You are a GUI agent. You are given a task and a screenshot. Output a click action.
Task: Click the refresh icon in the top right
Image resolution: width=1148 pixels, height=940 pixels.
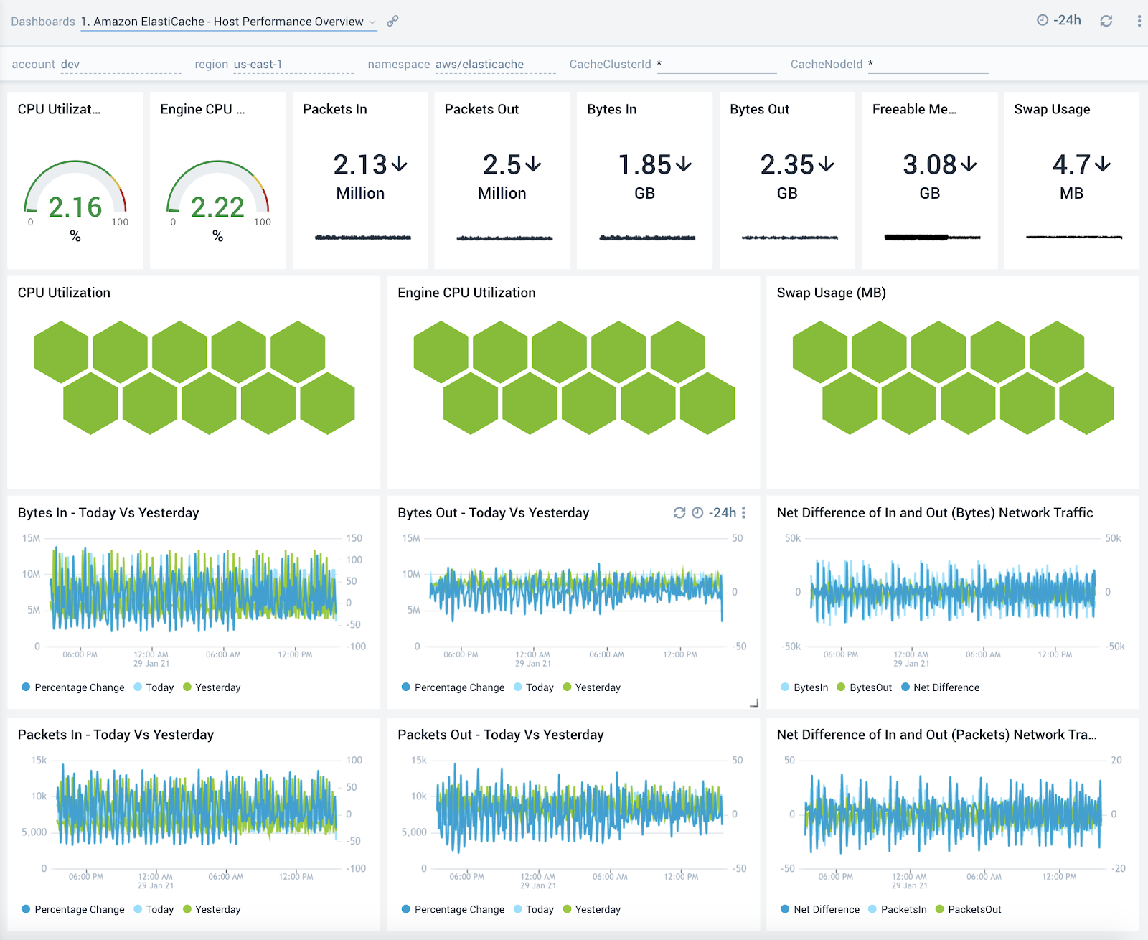tap(1106, 21)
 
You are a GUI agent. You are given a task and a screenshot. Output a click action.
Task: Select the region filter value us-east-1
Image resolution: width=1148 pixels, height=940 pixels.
tap(258, 64)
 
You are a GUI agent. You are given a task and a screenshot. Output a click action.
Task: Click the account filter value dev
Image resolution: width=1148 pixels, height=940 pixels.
tap(70, 64)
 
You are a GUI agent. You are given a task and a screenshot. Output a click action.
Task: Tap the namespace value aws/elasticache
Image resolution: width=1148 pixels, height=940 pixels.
tap(479, 64)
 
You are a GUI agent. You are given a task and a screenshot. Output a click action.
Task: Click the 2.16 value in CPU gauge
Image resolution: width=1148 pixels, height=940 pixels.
tap(75, 207)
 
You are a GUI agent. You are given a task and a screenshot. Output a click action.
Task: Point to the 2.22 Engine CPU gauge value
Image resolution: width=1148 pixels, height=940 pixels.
tap(217, 207)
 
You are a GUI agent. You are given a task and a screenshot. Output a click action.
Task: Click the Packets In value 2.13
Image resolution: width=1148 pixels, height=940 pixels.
tap(360, 165)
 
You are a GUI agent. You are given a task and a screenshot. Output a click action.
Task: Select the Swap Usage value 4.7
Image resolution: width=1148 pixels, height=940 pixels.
tap(1071, 165)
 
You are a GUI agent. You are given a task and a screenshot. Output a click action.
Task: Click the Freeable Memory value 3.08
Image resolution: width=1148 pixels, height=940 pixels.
tap(929, 165)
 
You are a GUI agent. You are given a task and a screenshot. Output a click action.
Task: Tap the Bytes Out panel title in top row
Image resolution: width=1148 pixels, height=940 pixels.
tap(759, 109)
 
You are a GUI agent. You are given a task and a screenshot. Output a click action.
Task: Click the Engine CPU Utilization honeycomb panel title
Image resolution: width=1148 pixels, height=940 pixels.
tap(466, 293)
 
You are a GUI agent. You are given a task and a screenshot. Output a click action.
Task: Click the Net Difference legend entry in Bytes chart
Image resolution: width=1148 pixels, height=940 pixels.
tap(945, 687)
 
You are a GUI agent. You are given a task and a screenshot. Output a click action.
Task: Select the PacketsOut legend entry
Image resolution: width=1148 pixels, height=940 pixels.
tap(974, 909)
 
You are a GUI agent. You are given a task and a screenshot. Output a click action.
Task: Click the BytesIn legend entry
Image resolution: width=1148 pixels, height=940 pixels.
tap(810, 687)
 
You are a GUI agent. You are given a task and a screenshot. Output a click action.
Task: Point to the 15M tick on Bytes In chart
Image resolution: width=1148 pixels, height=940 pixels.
tap(31, 538)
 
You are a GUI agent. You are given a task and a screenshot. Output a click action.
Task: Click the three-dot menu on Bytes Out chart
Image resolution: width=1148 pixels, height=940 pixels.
tap(743, 512)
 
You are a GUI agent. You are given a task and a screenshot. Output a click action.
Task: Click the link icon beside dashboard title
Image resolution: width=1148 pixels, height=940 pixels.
tap(392, 21)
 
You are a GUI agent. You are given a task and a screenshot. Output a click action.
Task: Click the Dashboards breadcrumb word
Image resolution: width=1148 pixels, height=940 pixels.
tap(43, 22)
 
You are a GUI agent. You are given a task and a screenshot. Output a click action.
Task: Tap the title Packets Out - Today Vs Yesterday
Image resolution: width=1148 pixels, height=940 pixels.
tap(500, 735)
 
